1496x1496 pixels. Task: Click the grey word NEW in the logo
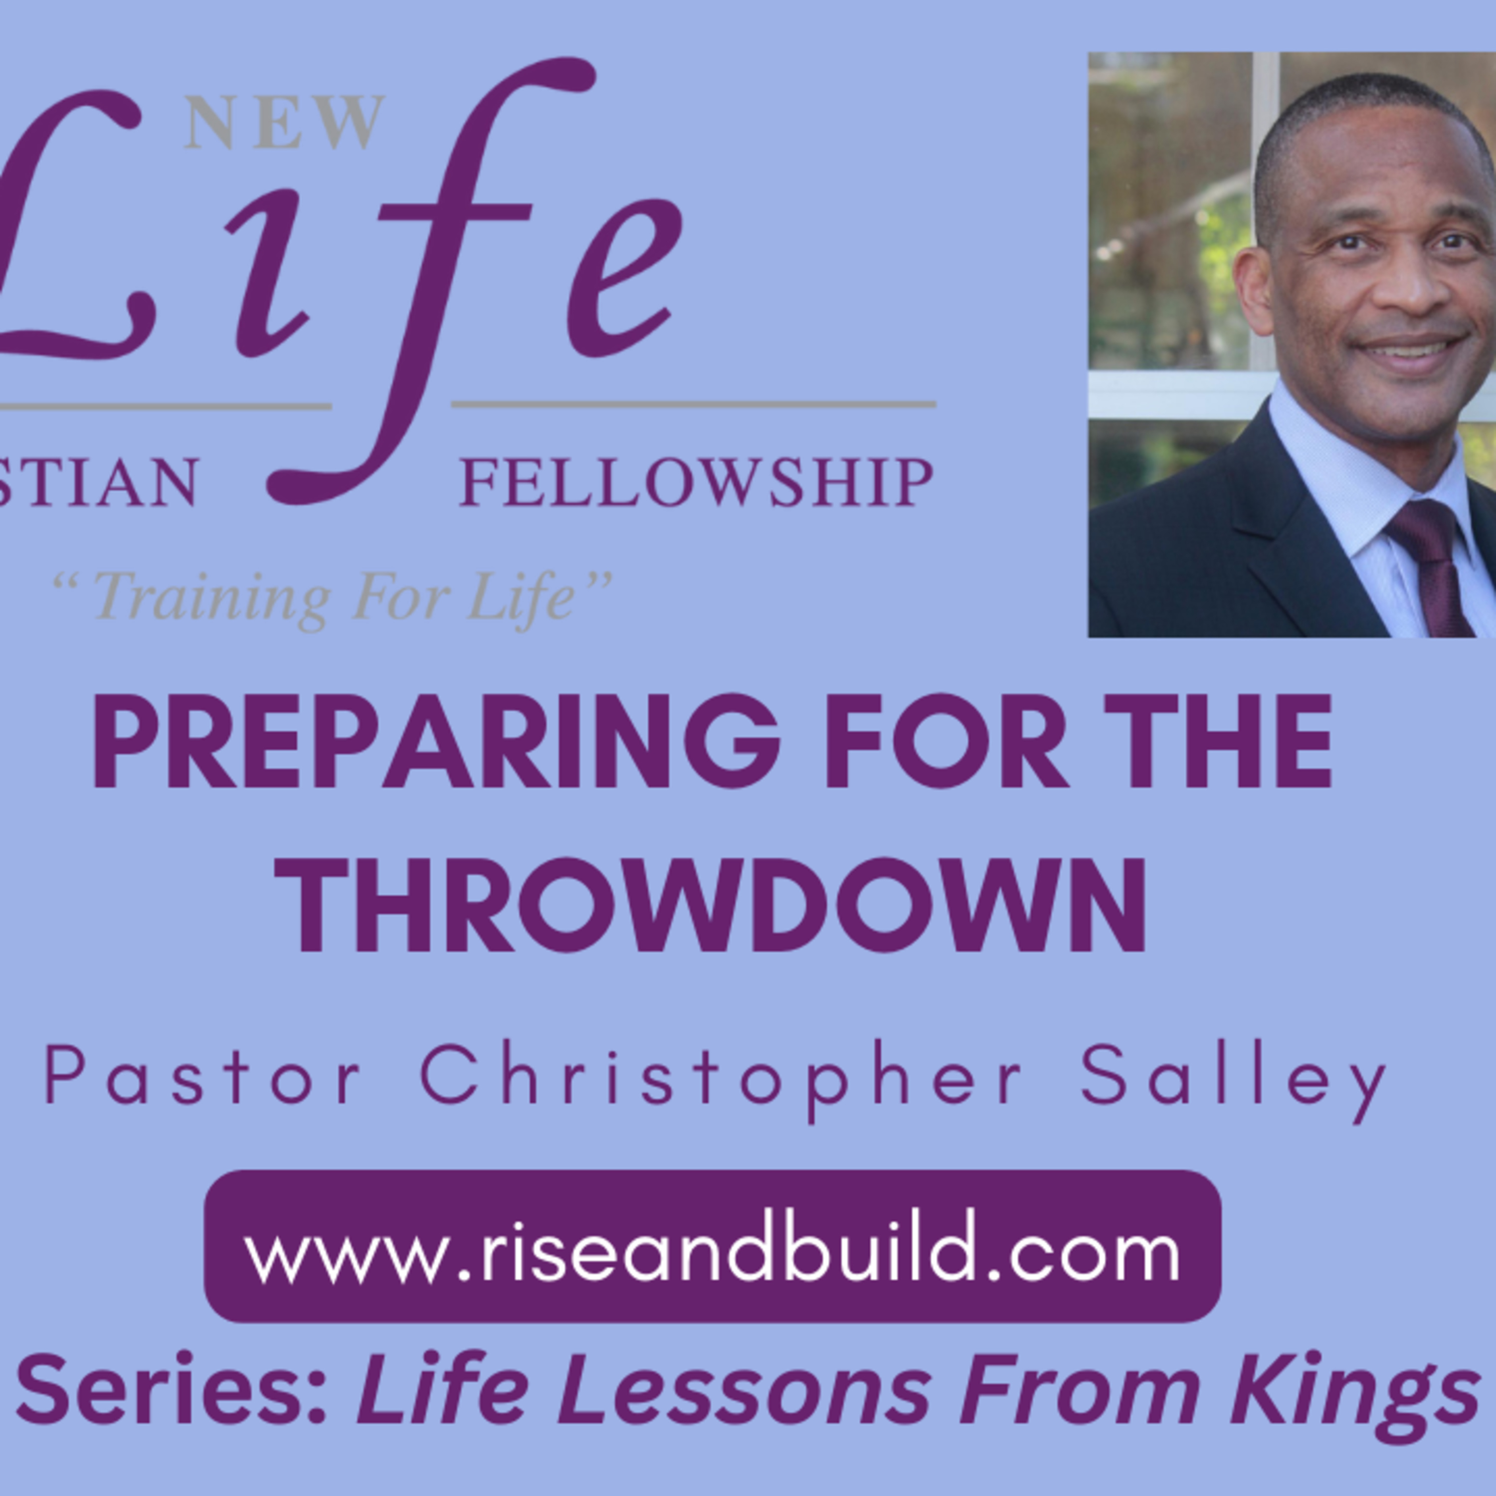click(x=284, y=122)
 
